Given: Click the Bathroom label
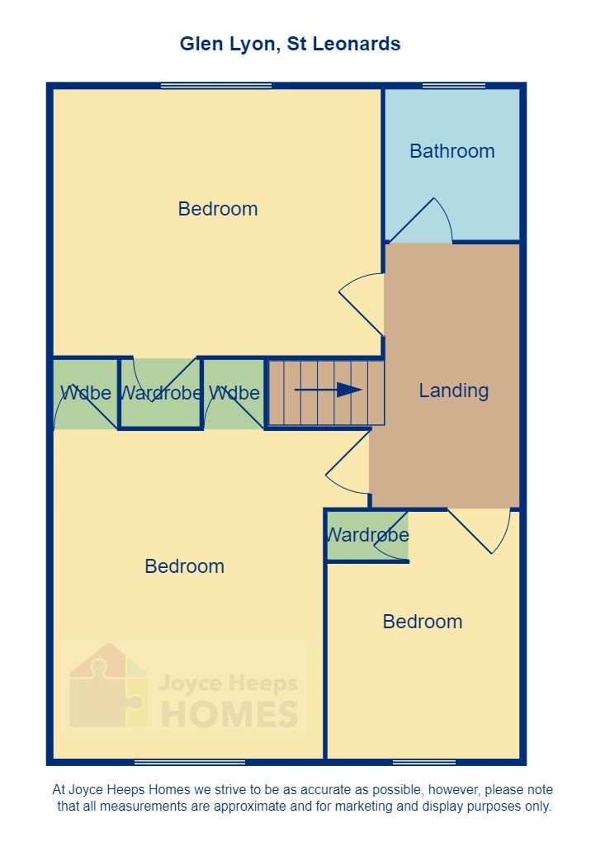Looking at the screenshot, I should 452,151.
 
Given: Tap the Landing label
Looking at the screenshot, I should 453,390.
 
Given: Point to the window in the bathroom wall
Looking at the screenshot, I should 454,85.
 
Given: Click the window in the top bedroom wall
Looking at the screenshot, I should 216,85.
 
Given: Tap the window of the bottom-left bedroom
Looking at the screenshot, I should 190,761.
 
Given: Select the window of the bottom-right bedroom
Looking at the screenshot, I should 424,761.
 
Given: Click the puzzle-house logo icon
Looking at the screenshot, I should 107,687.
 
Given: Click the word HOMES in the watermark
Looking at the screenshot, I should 229,714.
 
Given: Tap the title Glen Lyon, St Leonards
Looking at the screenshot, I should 291,44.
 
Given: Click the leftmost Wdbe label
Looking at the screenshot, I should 85,393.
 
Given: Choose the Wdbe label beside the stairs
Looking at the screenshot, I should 234,393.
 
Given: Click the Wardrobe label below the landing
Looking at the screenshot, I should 367,535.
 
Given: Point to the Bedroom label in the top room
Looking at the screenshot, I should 218,209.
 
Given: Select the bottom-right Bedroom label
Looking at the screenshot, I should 423,622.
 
